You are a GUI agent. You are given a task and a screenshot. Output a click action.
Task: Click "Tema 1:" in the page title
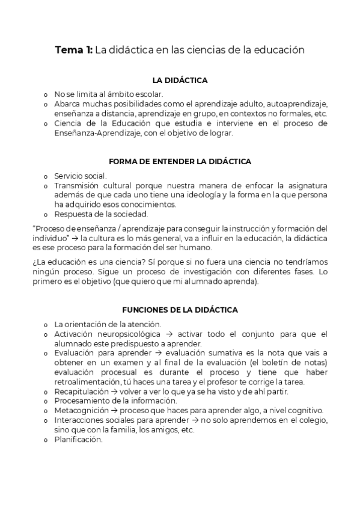[74, 51]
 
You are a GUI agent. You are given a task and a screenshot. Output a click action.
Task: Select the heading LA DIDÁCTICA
[180, 81]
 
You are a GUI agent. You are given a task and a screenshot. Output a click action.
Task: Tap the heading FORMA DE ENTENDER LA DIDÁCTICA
[180, 161]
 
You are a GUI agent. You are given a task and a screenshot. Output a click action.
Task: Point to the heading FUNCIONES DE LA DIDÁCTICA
[180, 310]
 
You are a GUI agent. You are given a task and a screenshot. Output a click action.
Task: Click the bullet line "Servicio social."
[80, 176]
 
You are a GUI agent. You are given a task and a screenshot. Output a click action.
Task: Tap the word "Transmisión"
[79, 186]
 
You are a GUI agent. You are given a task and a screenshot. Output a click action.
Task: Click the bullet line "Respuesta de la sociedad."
[97, 214]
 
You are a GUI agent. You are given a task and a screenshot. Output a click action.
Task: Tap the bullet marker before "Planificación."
[45, 440]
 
